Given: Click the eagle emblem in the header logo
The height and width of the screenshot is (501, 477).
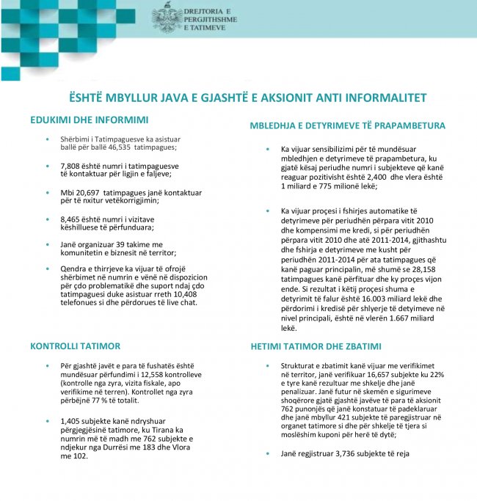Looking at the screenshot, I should pos(167,18).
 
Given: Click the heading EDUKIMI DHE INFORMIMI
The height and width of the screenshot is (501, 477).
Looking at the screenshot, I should pos(89,119).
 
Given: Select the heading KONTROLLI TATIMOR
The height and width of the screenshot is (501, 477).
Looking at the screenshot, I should pos(75,345).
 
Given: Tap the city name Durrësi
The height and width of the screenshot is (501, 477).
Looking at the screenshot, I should pos(118,447).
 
